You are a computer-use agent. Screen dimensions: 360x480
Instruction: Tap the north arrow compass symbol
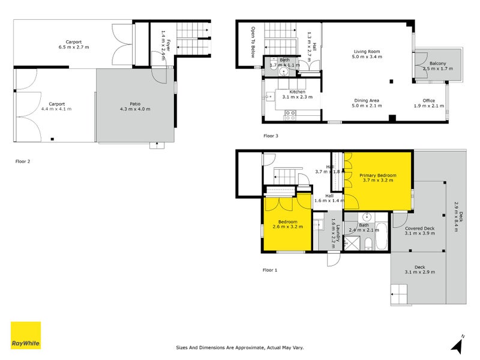point(458,344)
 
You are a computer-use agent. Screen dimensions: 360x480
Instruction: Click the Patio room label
point(135,106)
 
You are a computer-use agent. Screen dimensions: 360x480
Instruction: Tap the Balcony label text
point(437,66)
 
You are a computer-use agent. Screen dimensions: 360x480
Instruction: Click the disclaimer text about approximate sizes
point(240,347)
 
